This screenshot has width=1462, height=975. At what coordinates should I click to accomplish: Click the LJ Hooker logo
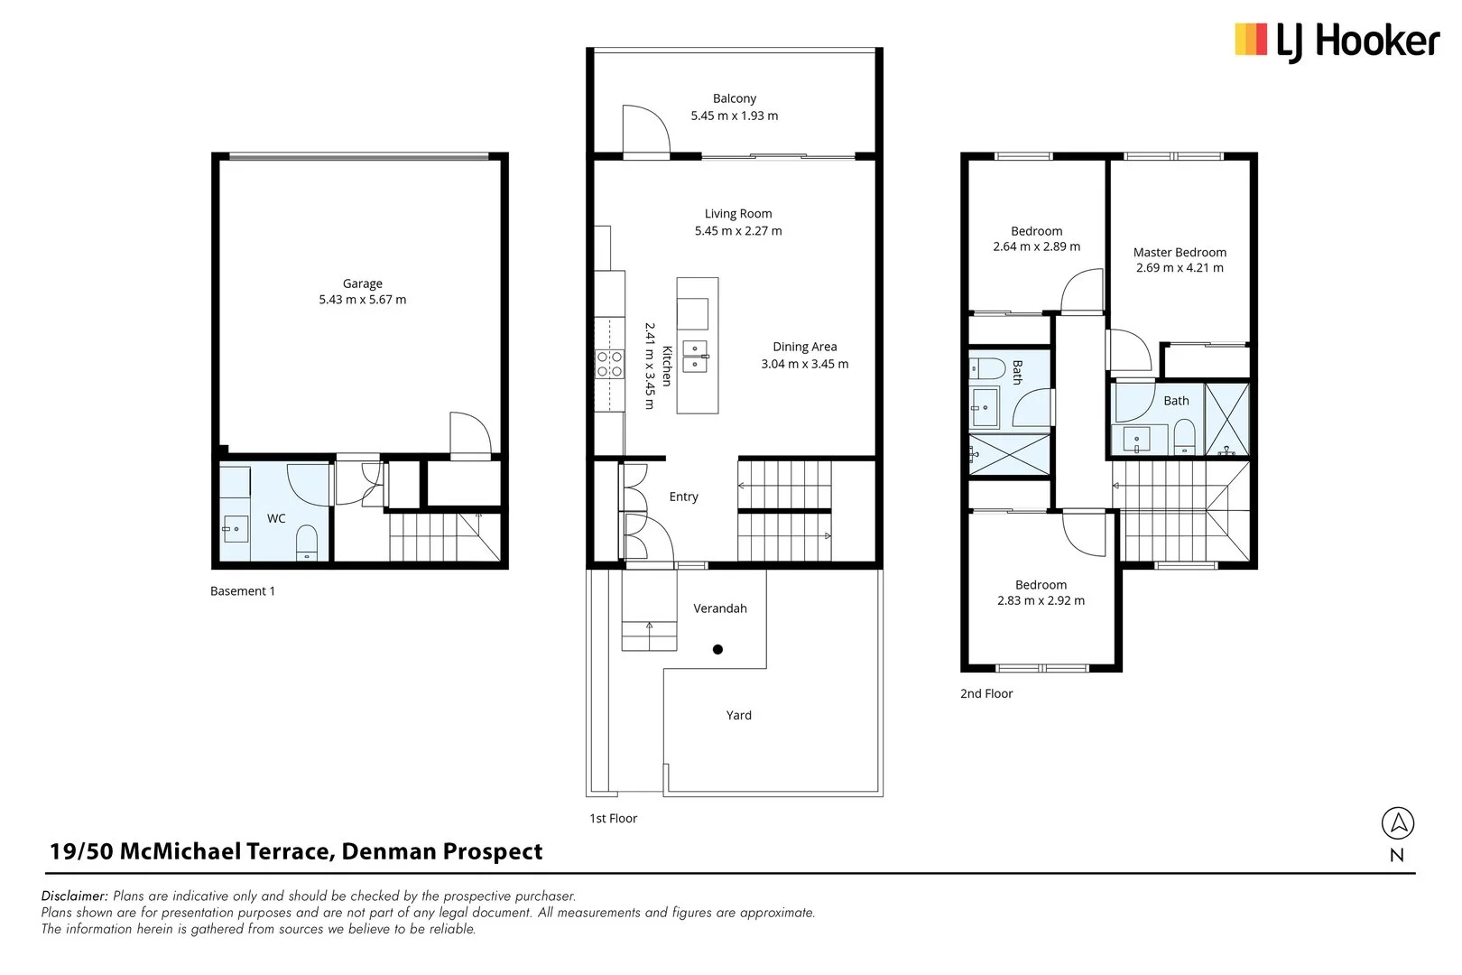[x=1337, y=42]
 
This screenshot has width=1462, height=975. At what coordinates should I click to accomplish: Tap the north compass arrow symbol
[x=1397, y=823]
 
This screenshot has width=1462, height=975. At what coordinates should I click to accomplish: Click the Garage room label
[x=362, y=283]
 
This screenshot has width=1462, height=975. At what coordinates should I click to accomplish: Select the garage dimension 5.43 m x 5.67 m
[x=362, y=300]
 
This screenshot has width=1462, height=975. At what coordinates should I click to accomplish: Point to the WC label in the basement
[x=276, y=518]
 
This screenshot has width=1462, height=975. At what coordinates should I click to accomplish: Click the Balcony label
[x=734, y=98]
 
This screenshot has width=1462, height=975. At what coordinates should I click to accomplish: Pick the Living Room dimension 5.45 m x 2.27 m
[x=737, y=231]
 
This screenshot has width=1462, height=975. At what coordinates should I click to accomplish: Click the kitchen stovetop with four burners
[x=610, y=364]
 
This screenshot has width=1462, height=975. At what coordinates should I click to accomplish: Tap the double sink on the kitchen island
[x=695, y=357]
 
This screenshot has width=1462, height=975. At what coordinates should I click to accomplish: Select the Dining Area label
[x=804, y=347]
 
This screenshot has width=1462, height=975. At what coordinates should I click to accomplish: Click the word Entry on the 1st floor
[x=683, y=497]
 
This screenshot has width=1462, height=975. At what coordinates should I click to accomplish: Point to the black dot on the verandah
[x=717, y=649]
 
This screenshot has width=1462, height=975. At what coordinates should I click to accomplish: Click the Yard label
[x=738, y=715]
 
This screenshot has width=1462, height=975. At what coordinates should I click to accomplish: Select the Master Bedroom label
[x=1180, y=253]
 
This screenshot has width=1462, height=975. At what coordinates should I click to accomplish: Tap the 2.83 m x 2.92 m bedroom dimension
[x=1041, y=600]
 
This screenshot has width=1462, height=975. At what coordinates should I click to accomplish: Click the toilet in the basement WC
[x=307, y=542]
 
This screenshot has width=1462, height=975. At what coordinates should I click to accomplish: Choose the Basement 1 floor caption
[x=242, y=591]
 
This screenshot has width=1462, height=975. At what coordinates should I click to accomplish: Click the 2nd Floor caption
[x=985, y=693]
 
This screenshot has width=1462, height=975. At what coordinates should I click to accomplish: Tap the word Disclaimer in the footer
[x=74, y=896]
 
